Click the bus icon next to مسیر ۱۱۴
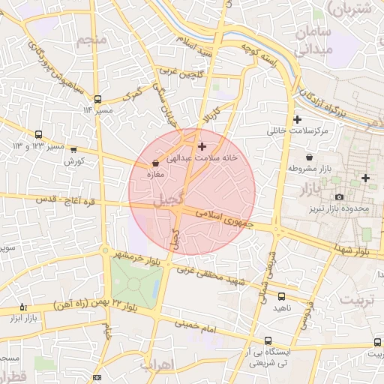coord(97,99)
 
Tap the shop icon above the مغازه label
coord(155,162)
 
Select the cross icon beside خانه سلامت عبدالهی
coord(202,146)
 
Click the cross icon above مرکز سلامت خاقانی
coord(298,119)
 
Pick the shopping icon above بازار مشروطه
coord(310,168)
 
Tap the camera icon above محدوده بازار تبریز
coord(339,197)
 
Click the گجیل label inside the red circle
coord(166,201)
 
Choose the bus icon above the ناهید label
coord(281,297)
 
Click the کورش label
coord(72,160)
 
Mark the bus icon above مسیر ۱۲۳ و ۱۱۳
coord(38,134)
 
